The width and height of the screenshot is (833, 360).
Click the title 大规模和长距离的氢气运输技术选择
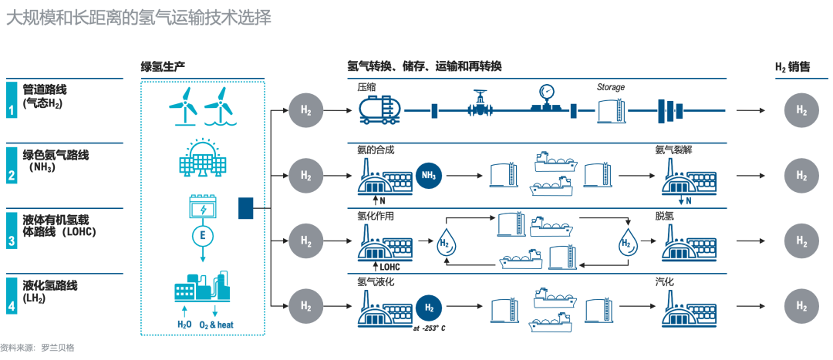point(139,18)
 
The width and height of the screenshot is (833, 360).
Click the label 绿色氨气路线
point(56,155)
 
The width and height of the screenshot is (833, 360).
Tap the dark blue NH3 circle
point(429,176)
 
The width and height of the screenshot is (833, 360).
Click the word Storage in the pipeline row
point(611,87)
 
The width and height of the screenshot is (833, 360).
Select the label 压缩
point(366,87)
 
